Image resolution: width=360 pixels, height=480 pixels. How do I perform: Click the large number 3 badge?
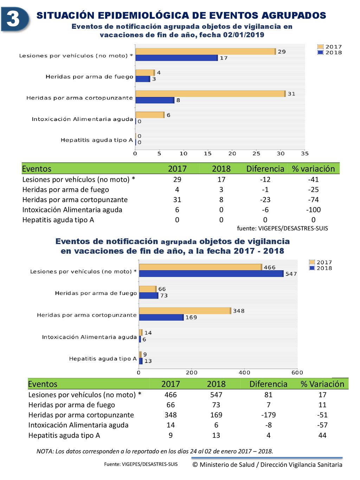(x=15, y=19)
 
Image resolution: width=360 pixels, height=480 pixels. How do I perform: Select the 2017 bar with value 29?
(x=206, y=52)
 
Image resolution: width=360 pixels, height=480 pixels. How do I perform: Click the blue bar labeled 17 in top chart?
(x=176, y=58)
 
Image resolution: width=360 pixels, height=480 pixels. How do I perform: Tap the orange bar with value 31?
(x=211, y=94)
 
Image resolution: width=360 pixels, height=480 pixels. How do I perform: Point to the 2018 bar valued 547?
(x=211, y=274)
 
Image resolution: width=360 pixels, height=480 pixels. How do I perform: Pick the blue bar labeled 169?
(x=161, y=317)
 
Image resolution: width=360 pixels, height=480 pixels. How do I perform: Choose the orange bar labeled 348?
(x=185, y=311)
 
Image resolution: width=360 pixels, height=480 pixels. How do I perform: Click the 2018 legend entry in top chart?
(x=330, y=52)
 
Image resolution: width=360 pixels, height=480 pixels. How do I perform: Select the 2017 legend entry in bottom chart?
(x=321, y=262)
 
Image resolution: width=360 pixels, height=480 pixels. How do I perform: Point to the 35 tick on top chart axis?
(x=305, y=154)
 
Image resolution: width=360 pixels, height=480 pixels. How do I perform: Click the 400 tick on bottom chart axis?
(x=244, y=373)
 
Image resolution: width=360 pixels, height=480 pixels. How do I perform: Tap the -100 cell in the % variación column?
(x=313, y=210)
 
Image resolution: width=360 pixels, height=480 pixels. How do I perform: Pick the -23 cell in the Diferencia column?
(x=265, y=200)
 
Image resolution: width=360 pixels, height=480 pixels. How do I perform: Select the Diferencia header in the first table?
(x=265, y=169)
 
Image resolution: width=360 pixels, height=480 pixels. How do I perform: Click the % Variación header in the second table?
(x=322, y=384)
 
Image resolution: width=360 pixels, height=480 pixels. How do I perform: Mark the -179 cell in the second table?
(x=268, y=415)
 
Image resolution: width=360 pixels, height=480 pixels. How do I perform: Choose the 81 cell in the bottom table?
(x=268, y=395)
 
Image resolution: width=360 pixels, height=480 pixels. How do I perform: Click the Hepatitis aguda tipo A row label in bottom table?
(x=64, y=435)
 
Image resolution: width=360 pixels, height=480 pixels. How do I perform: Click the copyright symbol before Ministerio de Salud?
(x=195, y=465)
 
